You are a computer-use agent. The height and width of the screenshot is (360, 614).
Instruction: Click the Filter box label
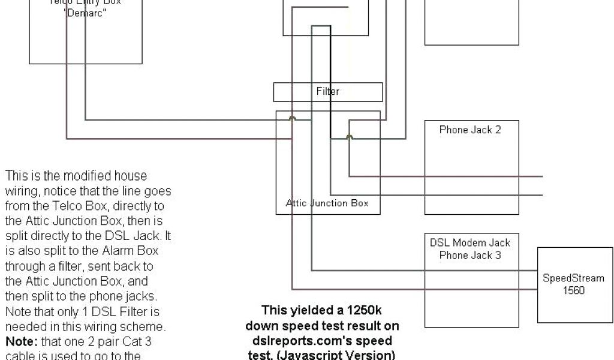click(x=327, y=92)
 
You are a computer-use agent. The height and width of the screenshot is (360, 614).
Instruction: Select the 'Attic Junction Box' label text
click(x=327, y=203)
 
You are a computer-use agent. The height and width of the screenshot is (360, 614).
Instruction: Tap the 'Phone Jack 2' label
click(x=469, y=130)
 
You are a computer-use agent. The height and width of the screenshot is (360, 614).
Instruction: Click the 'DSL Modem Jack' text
click(x=470, y=243)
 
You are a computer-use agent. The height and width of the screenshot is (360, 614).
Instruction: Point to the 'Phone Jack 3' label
click(x=470, y=255)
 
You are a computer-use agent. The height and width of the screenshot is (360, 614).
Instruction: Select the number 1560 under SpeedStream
click(x=573, y=291)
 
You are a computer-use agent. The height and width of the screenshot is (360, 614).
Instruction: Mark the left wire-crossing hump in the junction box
click(x=292, y=119)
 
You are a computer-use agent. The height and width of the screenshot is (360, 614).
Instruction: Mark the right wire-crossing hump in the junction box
click(x=350, y=137)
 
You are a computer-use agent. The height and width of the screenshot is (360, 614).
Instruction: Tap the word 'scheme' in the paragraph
click(x=145, y=327)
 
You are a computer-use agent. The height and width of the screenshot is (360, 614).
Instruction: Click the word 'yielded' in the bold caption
click(x=305, y=311)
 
